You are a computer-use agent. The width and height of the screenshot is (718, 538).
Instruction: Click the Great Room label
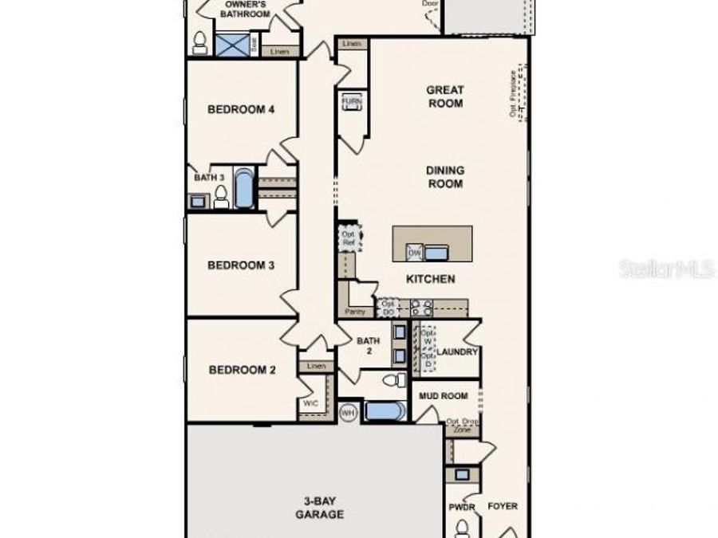pyautogui.click(x=445, y=96)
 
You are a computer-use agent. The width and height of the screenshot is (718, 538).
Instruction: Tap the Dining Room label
pyautogui.click(x=445, y=177)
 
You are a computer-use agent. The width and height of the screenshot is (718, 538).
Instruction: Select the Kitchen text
pyautogui.click(x=431, y=279)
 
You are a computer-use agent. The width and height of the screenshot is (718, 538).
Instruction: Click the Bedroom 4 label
pyautogui.click(x=241, y=109)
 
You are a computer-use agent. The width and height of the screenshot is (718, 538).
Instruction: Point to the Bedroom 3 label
pyautogui.click(x=241, y=265)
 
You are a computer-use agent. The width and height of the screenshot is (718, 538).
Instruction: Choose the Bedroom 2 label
pyautogui.click(x=242, y=370)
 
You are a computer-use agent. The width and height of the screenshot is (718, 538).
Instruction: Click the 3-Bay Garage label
pyautogui.click(x=318, y=508)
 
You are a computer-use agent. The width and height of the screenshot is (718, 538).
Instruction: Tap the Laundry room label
pyautogui.click(x=458, y=351)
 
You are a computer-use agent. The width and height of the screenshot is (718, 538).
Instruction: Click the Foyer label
pyautogui.click(x=503, y=506)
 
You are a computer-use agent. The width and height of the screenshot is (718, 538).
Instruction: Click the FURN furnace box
pyautogui.click(x=352, y=103)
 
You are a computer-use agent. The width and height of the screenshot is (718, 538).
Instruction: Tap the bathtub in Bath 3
pyautogui.click(x=243, y=189)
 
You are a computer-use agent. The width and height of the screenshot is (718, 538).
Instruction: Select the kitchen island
pyautogui.click(x=432, y=244)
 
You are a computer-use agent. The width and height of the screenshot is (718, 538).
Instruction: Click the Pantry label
pyautogui.click(x=354, y=311)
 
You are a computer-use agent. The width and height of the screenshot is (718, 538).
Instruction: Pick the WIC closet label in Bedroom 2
pyautogui.click(x=310, y=403)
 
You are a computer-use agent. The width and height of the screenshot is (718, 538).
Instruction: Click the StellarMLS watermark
pyautogui.click(x=666, y=269)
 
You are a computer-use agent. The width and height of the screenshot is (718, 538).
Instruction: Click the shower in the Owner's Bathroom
pyautogui.click(x=231, y=43)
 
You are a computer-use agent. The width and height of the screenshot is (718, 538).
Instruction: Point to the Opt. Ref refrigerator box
pyautogui.click(x=349, y=238)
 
